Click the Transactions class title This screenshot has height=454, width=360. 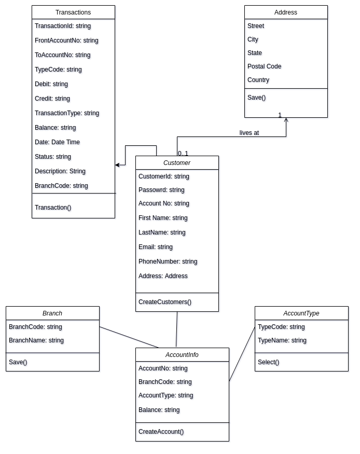click(73, 12)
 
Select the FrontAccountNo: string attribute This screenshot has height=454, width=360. click(66, 40)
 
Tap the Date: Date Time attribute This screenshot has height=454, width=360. click(57, 142)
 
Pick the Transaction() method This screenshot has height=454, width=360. click(53, 208)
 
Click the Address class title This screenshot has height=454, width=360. click(286, 12)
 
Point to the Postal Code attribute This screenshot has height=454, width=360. click(264, 66)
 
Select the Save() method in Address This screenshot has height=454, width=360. click(256, 98)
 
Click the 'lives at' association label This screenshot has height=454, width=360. click(249, 133)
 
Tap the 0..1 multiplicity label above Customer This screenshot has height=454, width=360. click(183, 153)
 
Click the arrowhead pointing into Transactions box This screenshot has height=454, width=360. click(118, 165)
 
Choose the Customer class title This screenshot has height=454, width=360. click(177, 163)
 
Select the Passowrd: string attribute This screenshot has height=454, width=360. click(161, 190)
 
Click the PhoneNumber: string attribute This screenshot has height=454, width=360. click(168, 262)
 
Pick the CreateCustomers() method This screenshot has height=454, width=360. click(165, 302)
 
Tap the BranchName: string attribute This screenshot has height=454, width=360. click(36, 340)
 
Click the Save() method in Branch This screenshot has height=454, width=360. click(18, 362)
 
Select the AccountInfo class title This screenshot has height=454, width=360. click(182, 355)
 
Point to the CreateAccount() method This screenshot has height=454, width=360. click(161, 432)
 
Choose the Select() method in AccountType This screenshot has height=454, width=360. click(268, 362)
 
